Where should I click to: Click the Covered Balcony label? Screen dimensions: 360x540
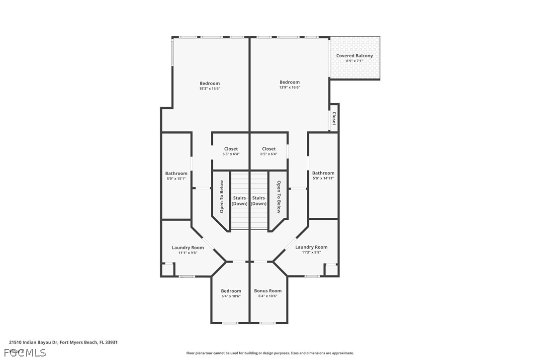pos(354,56)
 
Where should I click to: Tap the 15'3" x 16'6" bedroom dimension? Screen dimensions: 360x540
pos(209,89)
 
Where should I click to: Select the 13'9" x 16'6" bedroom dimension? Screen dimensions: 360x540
pos(289,88)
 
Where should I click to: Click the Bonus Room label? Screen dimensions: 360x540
pos(268,291)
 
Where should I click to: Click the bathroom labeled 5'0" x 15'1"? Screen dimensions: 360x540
pos(177,174)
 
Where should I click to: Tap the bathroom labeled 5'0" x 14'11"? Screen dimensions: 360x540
pos(323,173)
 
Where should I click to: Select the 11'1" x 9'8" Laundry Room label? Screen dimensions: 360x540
pos(187,248)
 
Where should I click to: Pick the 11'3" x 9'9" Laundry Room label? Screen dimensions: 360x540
pos(311,247)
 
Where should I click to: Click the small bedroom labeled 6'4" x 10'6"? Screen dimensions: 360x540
pos(231,291)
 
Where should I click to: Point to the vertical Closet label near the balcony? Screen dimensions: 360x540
pos(334,118)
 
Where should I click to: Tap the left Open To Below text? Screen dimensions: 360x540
pos(222,196)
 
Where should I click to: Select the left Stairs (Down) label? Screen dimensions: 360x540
pos(240,201)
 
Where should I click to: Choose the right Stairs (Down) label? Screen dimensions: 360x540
pos(259,201)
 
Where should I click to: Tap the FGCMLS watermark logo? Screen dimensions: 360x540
pos(25,353)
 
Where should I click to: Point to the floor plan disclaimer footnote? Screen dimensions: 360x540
pos(270,353)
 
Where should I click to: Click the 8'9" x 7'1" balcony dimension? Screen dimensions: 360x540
pos(354,61)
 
